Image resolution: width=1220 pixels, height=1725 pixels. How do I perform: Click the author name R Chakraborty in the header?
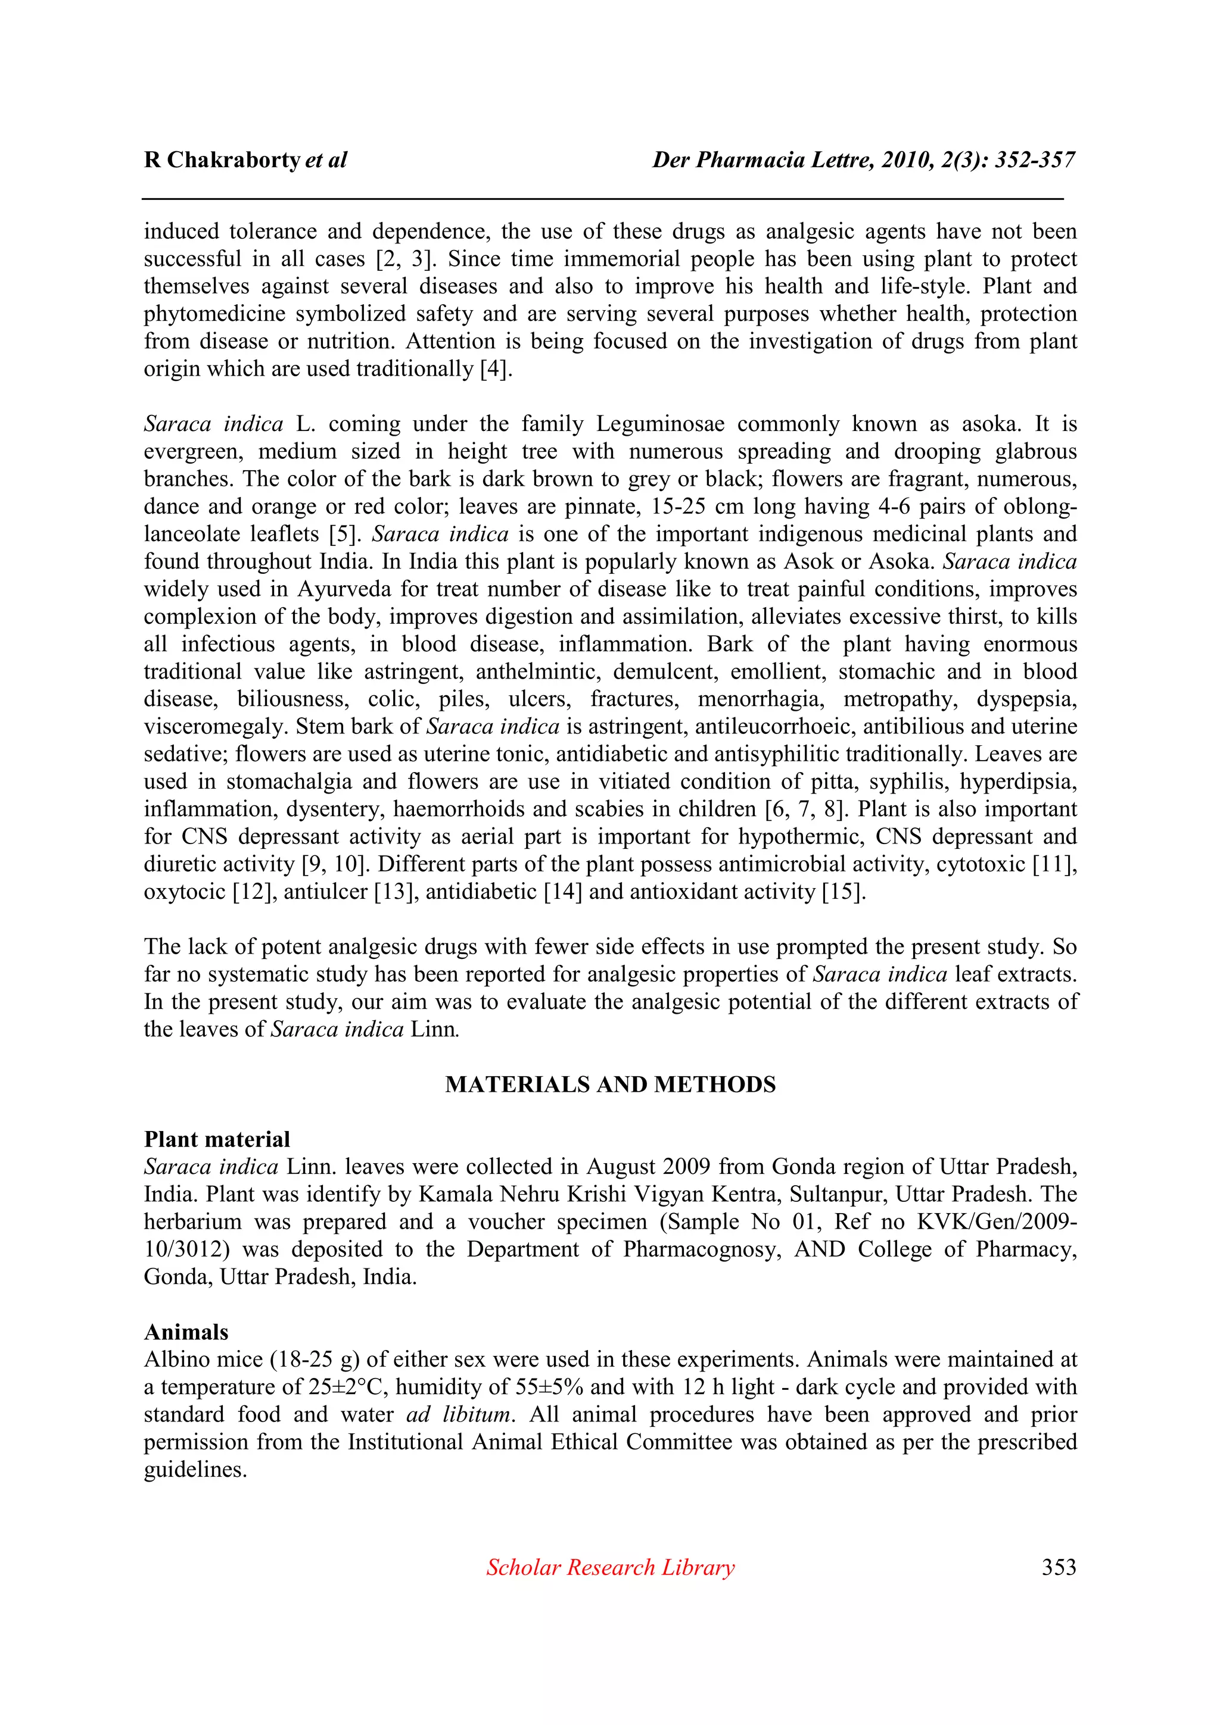click(223, 160)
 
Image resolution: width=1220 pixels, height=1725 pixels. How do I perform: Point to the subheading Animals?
click(186, 1332)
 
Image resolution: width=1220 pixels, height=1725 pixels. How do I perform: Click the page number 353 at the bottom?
click(1059, 1567)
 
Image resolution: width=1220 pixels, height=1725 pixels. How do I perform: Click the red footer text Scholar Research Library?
click(609, 1567)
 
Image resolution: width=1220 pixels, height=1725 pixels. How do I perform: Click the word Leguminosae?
click(660, 424)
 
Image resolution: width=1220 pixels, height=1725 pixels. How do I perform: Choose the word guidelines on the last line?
click(195, 1469)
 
